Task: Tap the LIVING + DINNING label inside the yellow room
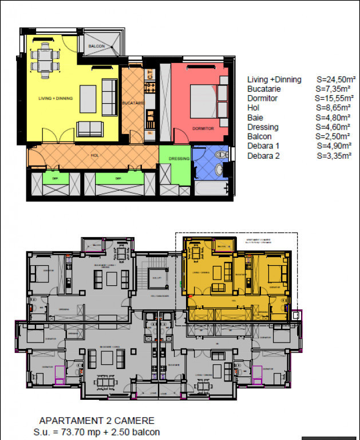(x=56, y=99)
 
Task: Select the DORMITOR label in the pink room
(x=203, y=129)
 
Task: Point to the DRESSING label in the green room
(x=179, y=159)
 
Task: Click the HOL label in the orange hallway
(x=94, y=155)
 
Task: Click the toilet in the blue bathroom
(x=221, y=155)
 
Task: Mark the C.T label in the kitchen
(x=150, y=73)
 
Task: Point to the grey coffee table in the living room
(x=88, y=99)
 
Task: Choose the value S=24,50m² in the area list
(x=333, y=80)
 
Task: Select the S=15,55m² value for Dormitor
(x=333, y=99)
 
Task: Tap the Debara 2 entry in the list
(x=263, y=155)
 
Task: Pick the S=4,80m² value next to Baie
(x=333, y=117)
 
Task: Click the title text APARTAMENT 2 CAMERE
(x=97, y=421)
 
